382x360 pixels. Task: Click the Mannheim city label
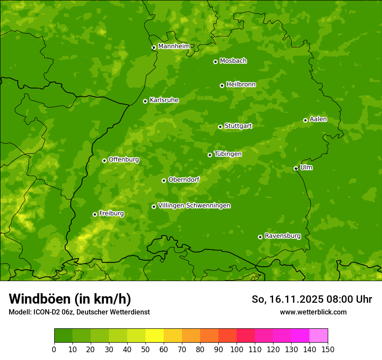(174, 46)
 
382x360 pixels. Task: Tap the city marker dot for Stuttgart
(220, 127)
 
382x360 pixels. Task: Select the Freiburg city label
(111, 213)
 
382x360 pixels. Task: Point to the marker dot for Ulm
(296, 168)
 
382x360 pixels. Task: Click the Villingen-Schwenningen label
(194, 206)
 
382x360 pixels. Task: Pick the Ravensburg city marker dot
(260, 237)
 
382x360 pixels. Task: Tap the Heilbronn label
(241, 85)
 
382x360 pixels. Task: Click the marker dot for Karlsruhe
(145, 101)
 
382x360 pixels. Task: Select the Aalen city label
(318, 119)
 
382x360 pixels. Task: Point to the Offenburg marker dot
(104, 160)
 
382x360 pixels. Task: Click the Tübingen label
(228, 154)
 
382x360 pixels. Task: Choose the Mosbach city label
(233, 61)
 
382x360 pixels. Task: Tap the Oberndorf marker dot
(164, 180)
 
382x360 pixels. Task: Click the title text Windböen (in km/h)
(70, 299)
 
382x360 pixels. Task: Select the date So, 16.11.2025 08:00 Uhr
(312, 299)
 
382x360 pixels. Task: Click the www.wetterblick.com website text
(313, 312)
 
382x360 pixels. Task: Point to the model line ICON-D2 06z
(79, 312)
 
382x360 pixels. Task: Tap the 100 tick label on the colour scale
(237, 350)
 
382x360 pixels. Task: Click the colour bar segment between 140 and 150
(319, 336)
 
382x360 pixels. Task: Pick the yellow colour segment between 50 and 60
(155, 336)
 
